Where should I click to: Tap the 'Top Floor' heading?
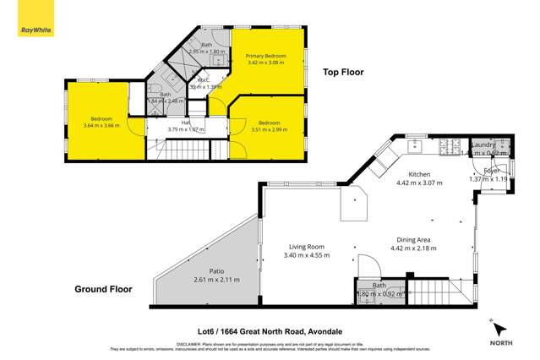click(343, 73)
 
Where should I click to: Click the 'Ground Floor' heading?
click(104, 289)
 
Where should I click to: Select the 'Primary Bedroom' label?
click(266, 57)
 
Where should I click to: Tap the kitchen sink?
click(416, 147)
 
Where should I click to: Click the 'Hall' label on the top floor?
click(174, 123)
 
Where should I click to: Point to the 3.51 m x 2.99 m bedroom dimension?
click(269, 129)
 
